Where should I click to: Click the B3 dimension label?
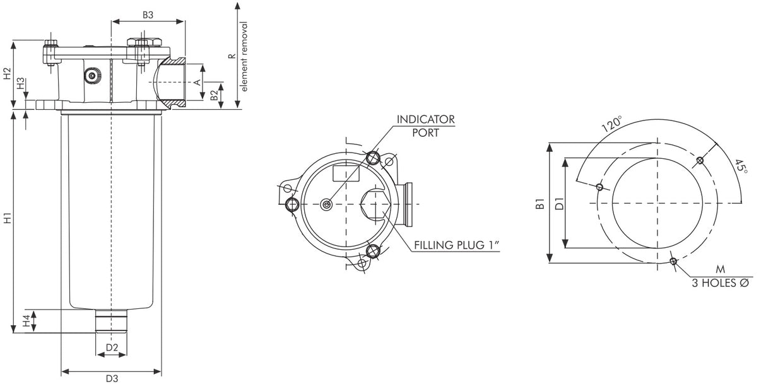coord(148,14)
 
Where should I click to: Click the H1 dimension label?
coord(7,219)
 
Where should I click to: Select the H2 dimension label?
coord(7,73)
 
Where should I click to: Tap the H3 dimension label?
coord(21,83)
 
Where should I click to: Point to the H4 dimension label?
coord(26,321)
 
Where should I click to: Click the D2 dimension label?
coord(112,347)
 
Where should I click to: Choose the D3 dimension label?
coord(112,378)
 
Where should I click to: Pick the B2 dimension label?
coord(215,95)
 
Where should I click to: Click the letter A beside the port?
coord(197,82)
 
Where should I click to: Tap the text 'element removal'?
coord(245,57)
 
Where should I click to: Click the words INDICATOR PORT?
coord(425,125)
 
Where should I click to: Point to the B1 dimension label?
coord(540,203)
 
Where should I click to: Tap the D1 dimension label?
coord(558,203)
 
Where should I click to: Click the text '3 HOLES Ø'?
coord(720,283)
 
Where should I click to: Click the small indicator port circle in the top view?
coord(326,204)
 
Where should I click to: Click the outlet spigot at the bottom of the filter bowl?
coord(111,321)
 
